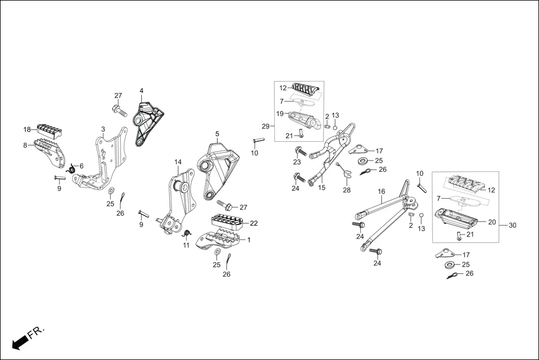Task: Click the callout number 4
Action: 141,90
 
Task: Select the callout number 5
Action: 217,134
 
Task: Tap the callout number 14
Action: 178,162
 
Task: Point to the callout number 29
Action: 265,126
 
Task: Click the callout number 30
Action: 512,225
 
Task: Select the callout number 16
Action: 381,191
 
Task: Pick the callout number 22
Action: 254,223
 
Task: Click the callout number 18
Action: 27,129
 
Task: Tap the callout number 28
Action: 346,190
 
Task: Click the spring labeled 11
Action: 188,233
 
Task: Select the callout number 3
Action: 103,129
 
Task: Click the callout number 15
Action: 322,188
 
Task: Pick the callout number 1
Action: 248,240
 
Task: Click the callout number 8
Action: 25,145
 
